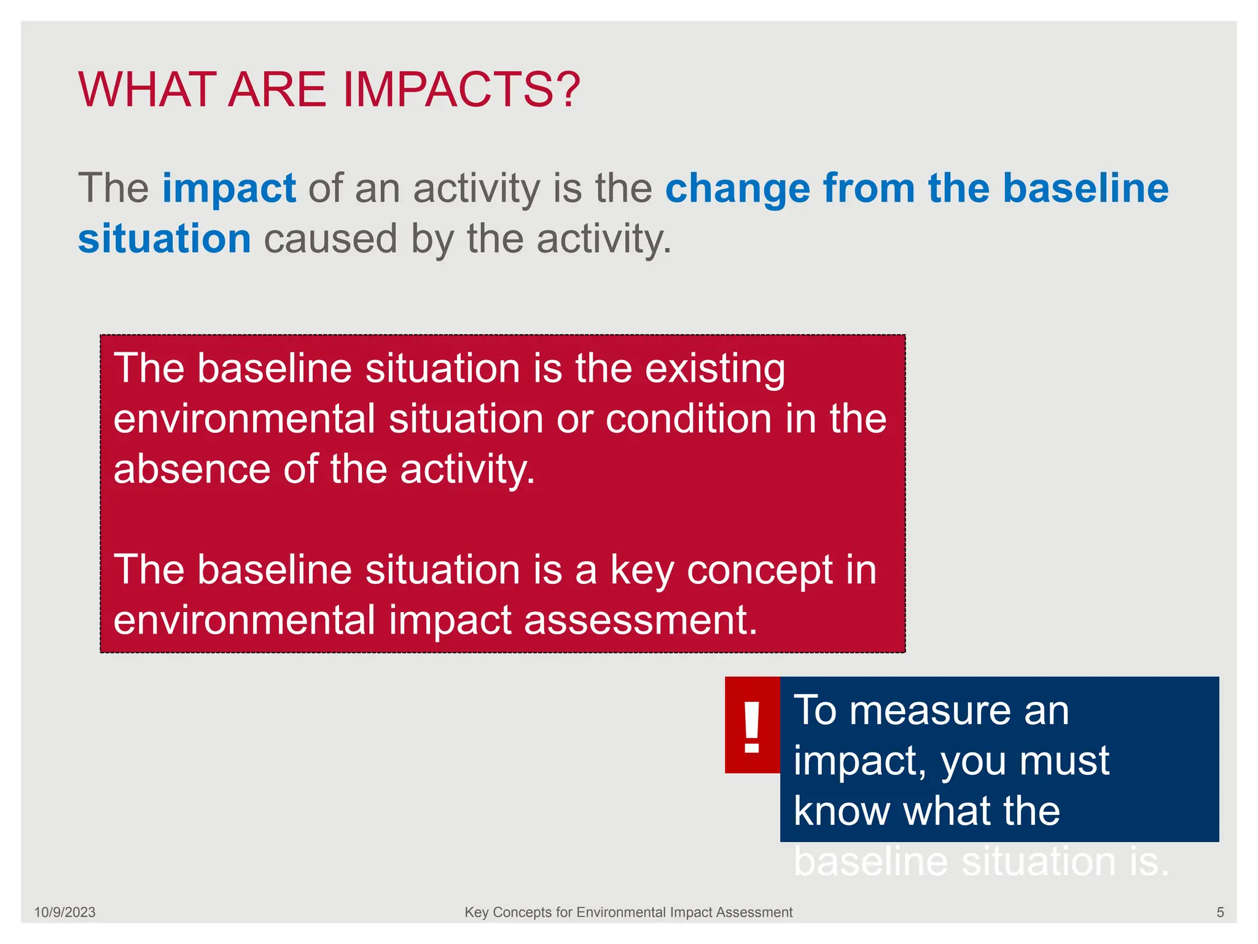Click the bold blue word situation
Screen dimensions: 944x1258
(x=165, y=239)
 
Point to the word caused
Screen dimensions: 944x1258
(x=330, y=239)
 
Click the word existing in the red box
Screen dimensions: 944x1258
(x=715, y=369)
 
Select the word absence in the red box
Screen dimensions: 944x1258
(x=192, y=470)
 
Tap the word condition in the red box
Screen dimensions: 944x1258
(x=688, y=419)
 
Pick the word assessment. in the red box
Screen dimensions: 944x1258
(x=641, y=620)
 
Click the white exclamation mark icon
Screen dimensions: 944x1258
(x=752, y=727)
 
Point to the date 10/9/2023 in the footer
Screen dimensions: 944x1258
(x=64, y=913)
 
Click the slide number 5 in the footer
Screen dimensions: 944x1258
(x=1220, y=913)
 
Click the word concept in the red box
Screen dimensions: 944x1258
(x=759, y=570)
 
